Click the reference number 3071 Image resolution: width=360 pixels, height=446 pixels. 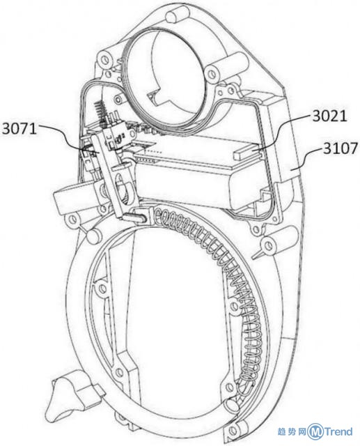tap(19, 129)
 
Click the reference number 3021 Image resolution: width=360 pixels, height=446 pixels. tap(329, 116)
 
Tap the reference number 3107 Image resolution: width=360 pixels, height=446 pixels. tap(340, 148)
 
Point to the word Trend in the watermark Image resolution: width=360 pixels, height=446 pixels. tap(338, 432)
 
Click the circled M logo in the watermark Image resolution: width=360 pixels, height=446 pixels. tap(316, 432)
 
